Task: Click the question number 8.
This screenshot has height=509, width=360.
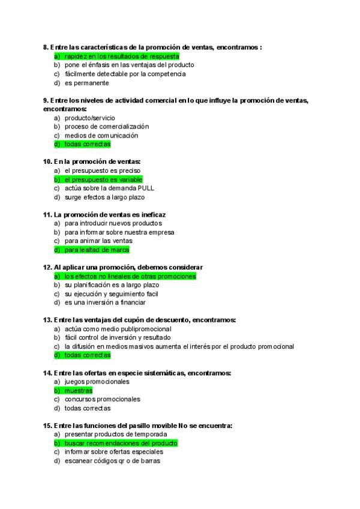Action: [x=46, y=47]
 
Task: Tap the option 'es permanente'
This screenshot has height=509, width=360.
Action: [x=87, y=83]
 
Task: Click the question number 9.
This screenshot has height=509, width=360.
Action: [x=46, y=100]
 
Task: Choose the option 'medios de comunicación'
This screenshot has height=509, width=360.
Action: [x=101, y=136]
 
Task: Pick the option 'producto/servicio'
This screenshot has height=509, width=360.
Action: [x=90, y=118]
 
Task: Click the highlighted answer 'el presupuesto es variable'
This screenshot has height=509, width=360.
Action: [x=103, y=179]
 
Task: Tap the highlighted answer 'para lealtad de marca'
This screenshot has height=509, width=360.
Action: [x=97, y=250]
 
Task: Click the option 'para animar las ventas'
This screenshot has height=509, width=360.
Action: [x=99, y=241]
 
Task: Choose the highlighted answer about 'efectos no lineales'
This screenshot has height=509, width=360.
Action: [x=130, y=276]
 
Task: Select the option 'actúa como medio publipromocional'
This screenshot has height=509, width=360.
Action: [x=118, y=329]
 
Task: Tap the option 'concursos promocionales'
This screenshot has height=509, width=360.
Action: [x=103, y=399]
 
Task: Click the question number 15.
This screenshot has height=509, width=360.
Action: [x=47, y=426]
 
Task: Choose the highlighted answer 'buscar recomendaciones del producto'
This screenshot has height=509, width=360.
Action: [x=121, y=443]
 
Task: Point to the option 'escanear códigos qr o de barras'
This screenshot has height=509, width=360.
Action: [x=113, y=460]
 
